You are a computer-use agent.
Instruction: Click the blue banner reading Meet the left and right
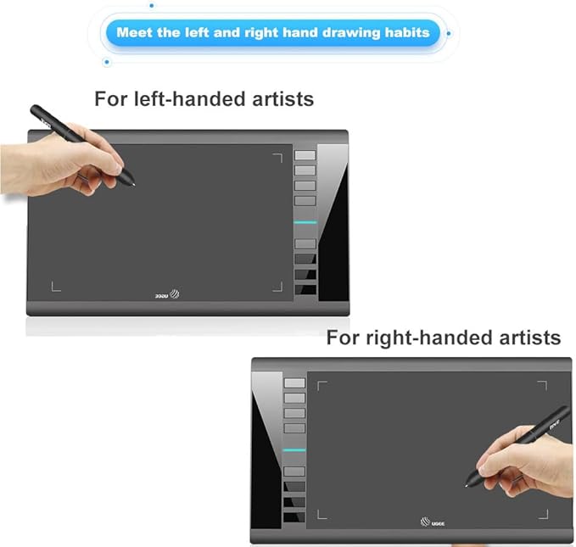click(272, 34)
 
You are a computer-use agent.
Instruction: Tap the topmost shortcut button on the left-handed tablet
click(305, 155)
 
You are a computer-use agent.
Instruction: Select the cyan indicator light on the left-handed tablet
click(305, 222)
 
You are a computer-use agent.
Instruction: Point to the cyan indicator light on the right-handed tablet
click(294, 449)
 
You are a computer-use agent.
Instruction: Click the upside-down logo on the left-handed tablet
click(167, 296)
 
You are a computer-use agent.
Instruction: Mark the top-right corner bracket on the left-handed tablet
click(277, 156)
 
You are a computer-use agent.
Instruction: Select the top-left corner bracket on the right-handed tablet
click(322, 386)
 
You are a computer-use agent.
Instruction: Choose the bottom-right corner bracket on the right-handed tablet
click(544, 514)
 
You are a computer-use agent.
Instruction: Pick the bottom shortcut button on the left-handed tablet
click(305, 290)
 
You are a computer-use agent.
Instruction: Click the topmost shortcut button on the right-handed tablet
click(294, 382)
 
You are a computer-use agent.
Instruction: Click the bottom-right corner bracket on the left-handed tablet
click(277, 287)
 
